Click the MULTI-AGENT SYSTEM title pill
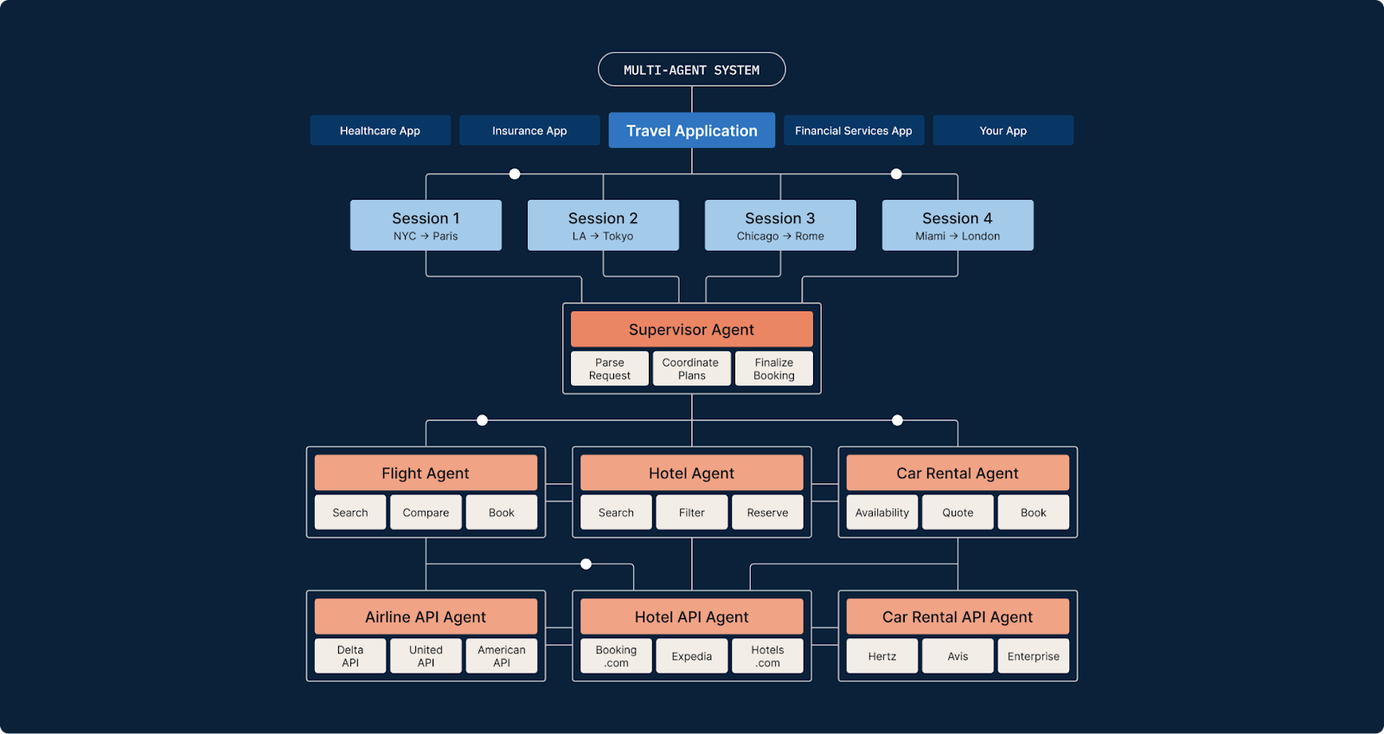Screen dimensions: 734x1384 click(x=691, y=69)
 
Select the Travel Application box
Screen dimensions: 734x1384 click(x=691, y=131)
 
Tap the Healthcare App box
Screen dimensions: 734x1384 click(x=380, y=131)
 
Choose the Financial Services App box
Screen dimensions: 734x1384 click(x=853, y=131)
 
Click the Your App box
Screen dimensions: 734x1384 click(x=1003, y=131)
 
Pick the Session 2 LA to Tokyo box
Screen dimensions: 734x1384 click(x=603, y=226)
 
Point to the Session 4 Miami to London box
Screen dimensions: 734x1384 click(x=957, y=226)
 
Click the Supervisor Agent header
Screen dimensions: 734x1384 click(x=691, y=329)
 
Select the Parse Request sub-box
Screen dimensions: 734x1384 click(x=609, y=369)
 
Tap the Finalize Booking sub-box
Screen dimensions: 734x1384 click(x=773, y=369)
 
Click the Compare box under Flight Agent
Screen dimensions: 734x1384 click(x=426, y=513)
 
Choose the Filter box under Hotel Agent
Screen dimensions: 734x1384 click(x=691, y=513)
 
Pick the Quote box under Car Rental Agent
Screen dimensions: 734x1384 click(x=958, y=513)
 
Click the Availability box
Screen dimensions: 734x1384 click(x=881, y=513)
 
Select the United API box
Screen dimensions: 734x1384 click(x=426, y=656)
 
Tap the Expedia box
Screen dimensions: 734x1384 click(x=691, y=656)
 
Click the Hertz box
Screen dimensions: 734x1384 click(x=881, y=656)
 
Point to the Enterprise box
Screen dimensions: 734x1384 click(x=1033, y=656)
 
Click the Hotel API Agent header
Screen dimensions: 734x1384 click(x=691, y=617)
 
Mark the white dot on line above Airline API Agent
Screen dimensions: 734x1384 click(x=586, y=564)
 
